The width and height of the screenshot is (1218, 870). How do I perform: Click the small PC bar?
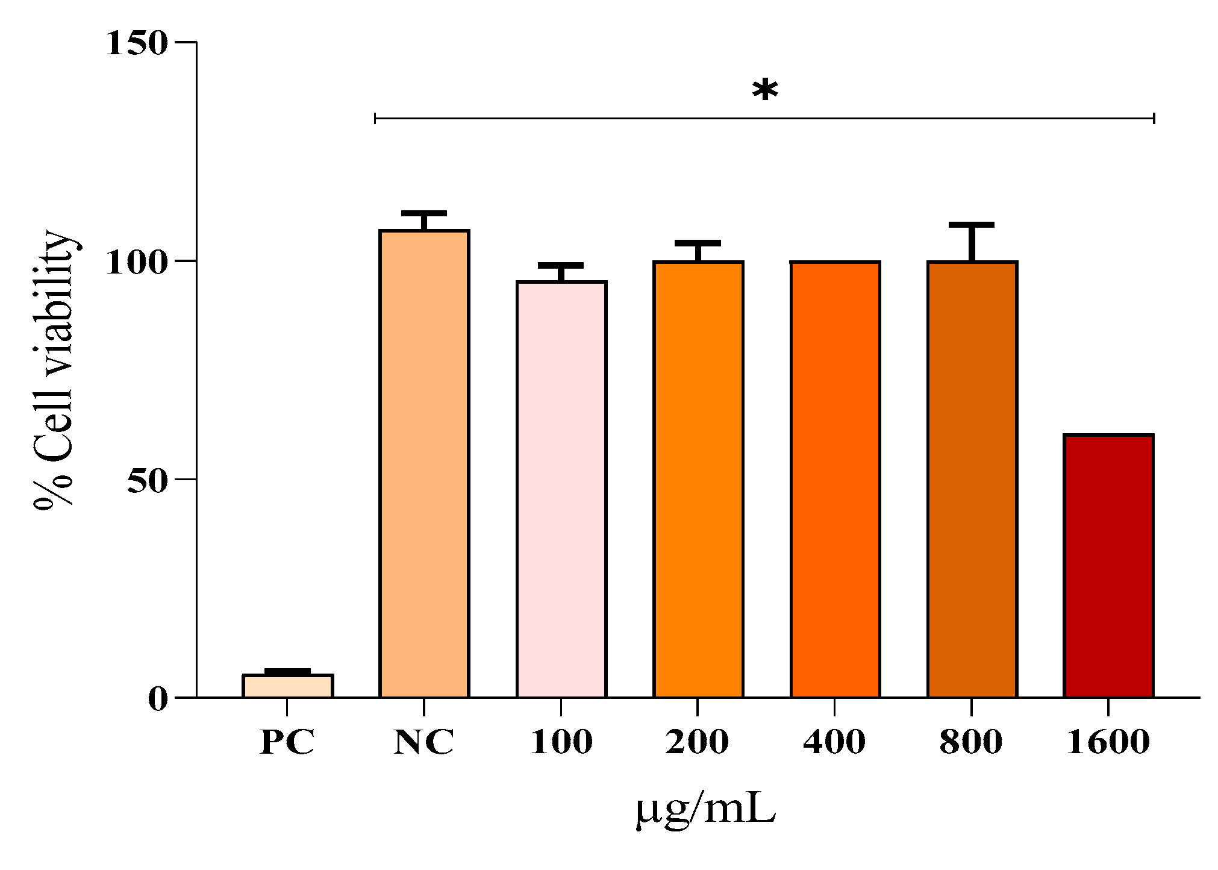[288, 686]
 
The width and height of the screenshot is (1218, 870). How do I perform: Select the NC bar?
[424, 464]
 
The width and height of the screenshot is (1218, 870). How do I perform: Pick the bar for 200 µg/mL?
[698, 480]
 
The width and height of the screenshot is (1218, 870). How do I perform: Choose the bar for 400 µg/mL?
[835, 480]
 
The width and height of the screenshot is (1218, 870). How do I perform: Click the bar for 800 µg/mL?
[972, 480]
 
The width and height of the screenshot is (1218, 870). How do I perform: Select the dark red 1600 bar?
[1108, 566]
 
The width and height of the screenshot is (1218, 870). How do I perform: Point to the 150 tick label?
[136, 43]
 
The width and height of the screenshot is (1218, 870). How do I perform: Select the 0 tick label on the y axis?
[157, 699]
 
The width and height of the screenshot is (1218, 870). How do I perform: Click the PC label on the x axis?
[287, 742]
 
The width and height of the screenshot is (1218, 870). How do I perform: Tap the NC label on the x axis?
[423, 742]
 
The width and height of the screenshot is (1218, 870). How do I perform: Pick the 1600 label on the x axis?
[1108, 742]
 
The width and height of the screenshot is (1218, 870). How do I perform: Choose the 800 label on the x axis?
[971, 742]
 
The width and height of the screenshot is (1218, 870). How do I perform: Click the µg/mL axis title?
[705, 811]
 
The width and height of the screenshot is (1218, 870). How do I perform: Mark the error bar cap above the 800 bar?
[972, 225]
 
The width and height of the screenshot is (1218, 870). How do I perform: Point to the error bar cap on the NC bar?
[424, 213]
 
